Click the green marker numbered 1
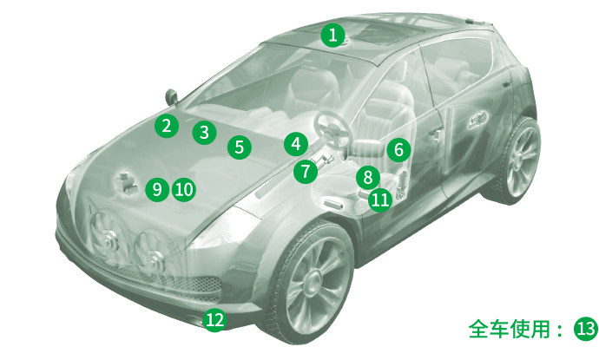[332, 35]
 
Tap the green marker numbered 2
[167, 126]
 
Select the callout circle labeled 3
[204, 133]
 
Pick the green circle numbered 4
[296, 144]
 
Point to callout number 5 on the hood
[240, 147]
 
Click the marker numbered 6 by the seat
[398, 150]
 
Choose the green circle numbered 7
[306, 172]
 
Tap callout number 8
[368, 177]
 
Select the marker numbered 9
[157, 189]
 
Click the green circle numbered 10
[184, 189]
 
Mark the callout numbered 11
[380, 200]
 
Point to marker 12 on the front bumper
[214, 319]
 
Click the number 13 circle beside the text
[586, 329]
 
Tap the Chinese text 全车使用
[510, 329]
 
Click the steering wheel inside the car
[332, 128]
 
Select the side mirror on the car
[172, 96]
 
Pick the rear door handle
[477, 119]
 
